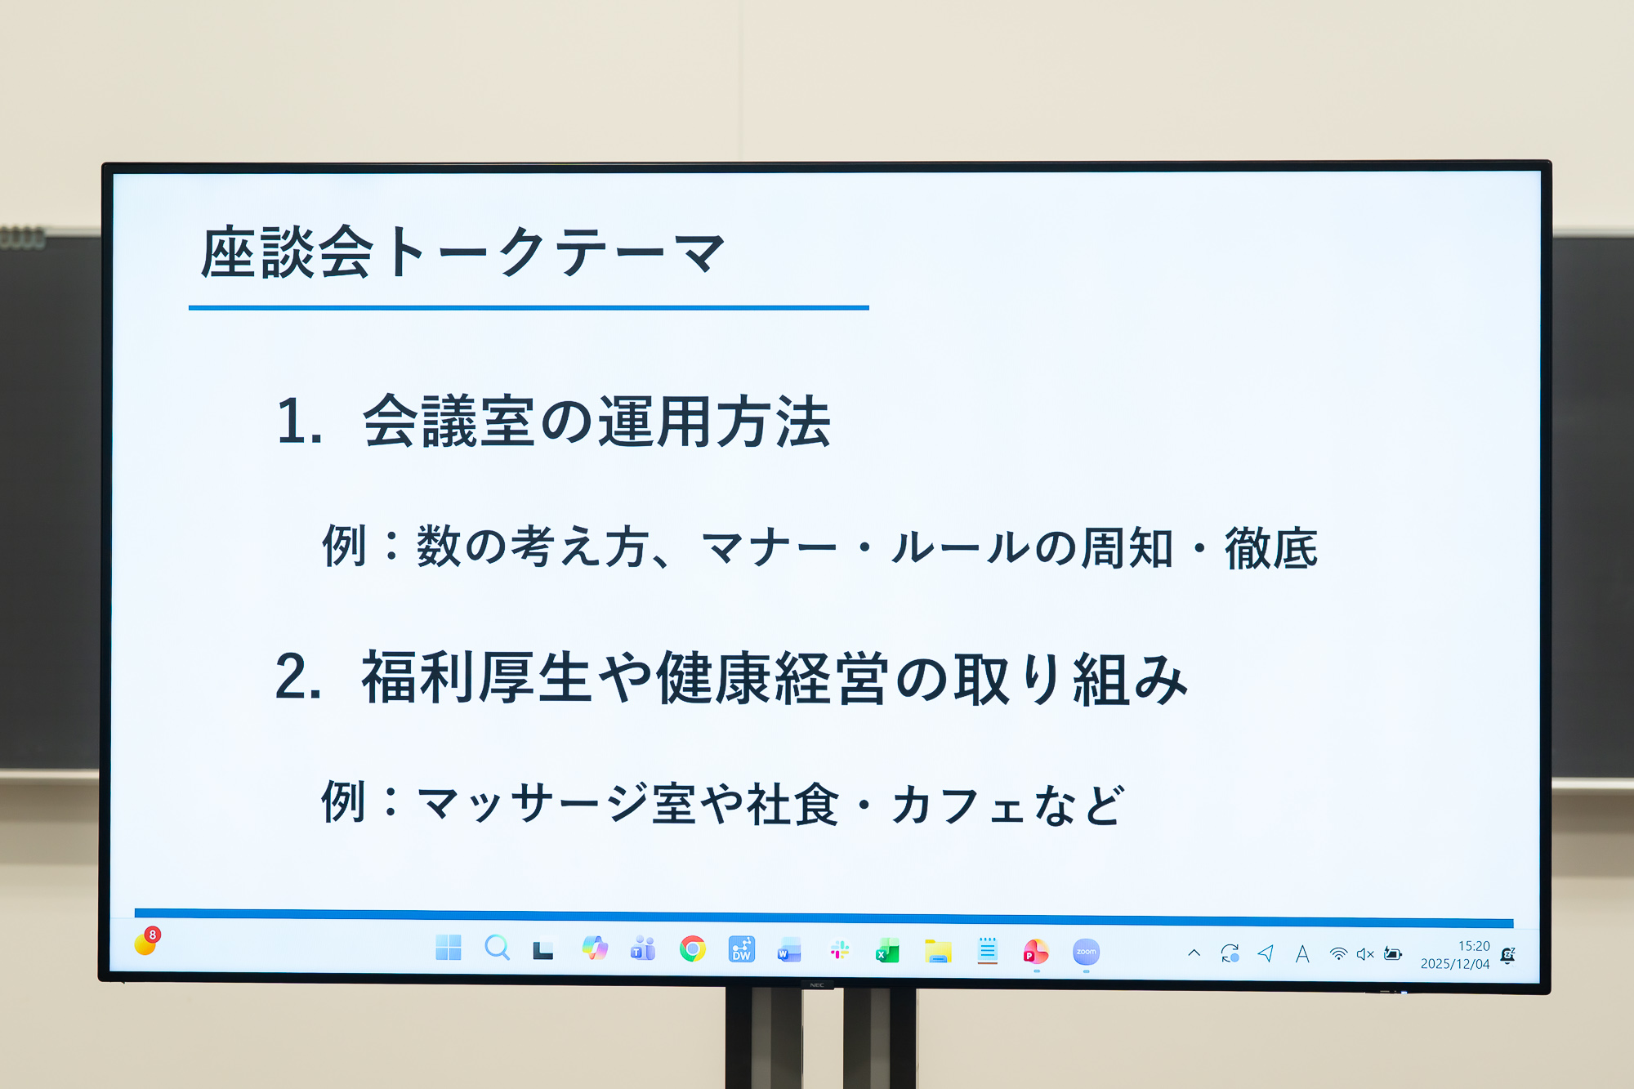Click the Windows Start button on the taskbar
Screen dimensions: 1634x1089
click(449, 948)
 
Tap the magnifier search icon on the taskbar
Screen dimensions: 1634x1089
click(497, 948)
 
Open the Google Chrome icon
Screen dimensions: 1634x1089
click(692, 948)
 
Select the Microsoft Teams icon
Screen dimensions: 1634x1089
click(643, 948)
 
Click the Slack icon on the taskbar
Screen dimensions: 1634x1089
click(839, 950)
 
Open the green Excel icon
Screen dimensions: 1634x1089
click(887, 951)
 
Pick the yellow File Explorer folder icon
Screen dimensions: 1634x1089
click(938, 951)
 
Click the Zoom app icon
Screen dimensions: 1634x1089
click(1086, 952)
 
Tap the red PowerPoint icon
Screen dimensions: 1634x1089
click(1035, 952)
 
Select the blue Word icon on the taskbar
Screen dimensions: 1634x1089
click(789, 950)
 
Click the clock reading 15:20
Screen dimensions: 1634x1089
click(1474, 946)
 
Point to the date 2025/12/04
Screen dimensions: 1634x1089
click(1455, 964)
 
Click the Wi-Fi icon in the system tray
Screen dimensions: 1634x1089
click(1338, 953)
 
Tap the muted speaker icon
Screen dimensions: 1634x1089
click(1365, 954)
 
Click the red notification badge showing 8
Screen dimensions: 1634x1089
click(152, 935)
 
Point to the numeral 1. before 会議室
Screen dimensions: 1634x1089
click(299, 422)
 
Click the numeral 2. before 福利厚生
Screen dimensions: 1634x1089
click(298, 677)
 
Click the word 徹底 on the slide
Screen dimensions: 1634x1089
click(1271, 547)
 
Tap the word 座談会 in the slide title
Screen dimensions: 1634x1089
click(287, 252)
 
